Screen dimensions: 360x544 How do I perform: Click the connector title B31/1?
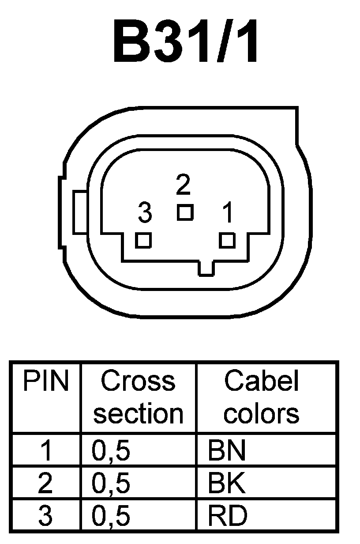[x=186, y=42]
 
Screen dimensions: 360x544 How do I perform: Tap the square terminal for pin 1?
[x=227, y=241]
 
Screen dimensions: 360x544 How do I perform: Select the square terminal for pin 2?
[x=185, y=212]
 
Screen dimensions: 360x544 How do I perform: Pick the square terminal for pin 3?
[x=143, y=241]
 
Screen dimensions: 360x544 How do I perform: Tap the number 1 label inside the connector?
[x=228, y=213]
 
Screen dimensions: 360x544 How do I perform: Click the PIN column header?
[x=46, y=382]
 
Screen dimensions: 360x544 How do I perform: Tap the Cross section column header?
[x=138, y=397]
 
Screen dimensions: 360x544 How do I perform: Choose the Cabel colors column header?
[x=262, y=397]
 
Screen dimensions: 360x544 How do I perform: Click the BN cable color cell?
[x=227, y=451]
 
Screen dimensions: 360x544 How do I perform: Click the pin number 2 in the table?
[x=45, y=484]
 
